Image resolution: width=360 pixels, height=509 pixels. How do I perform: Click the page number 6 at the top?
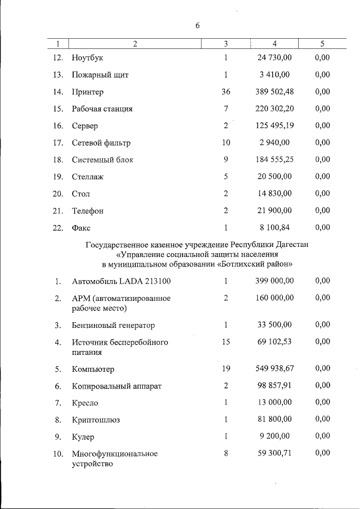click(x=197, y=26)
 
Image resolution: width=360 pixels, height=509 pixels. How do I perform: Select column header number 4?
click(x=274, y=43)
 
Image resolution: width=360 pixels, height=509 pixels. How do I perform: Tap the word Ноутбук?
click(x=88, y=58)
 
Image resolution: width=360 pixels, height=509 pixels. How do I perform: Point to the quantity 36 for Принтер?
click(x=226, y=92)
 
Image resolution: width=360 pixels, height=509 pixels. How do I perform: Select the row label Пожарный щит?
click(x=100, y=75)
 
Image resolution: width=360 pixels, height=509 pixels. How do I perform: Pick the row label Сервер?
click(x=84, y=126)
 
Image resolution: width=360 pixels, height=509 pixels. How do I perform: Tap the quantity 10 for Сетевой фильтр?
click(x=226, y=143)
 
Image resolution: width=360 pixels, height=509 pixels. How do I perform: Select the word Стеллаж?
click(x=88, y=177)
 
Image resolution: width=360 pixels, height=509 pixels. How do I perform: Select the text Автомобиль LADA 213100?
click(x=121, y=281)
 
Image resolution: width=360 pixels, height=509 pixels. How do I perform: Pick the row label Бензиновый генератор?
click(x=113, y=326)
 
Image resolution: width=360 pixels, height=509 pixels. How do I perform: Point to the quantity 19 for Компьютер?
click(x=226, y=369)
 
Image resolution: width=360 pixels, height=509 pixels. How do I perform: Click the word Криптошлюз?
click(x=96, y=420)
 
